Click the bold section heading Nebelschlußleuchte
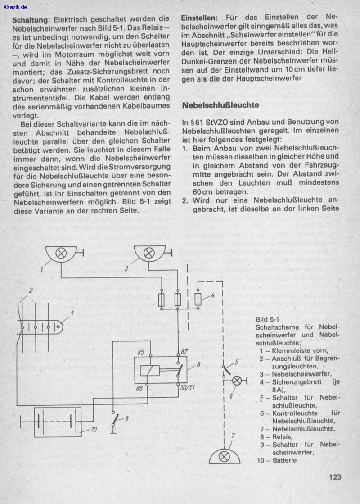(x=220, y=105)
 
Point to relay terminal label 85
(x=141, y=352)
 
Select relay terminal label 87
(x=184, y=351)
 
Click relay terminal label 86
(x=139, y=387)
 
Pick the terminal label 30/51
(x=184, y=387)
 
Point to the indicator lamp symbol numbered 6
(x=236, y=381)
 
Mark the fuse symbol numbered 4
(x=198, y=298)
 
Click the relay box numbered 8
(x=161, y=370)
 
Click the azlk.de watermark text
(x=15, y=7)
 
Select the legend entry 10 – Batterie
(x=277, y=460)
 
